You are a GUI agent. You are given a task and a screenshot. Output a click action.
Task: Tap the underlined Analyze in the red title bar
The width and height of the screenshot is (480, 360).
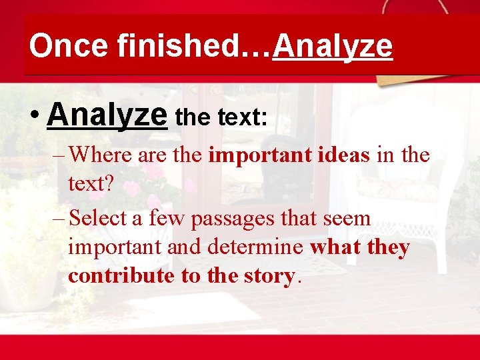333,46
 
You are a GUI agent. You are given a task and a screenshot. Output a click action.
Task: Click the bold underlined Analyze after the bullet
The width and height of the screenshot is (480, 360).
107,115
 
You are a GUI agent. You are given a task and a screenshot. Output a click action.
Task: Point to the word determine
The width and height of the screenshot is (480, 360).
263,247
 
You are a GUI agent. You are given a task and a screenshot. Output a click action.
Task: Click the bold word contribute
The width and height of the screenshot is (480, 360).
121,275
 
